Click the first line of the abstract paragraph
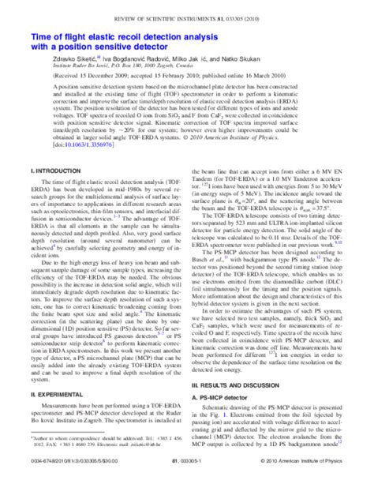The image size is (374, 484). pos(186,81)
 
